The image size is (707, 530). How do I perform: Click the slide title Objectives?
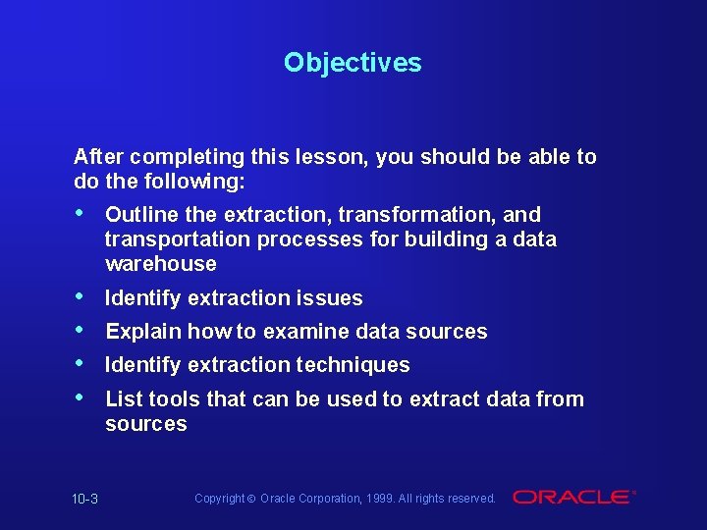(353, 63)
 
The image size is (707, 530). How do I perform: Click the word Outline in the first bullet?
(141, 215)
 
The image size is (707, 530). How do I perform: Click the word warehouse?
(160, 264)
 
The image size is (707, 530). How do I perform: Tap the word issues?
(331, 298)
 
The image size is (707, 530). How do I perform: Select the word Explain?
(143, 332)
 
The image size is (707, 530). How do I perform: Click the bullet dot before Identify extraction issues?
(80, 297)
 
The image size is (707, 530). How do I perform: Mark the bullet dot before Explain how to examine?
(80, 331)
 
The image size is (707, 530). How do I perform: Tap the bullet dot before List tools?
(80, 398)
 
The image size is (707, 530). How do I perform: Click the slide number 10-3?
(85, 500)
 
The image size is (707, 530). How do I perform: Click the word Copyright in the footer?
(218, 499)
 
